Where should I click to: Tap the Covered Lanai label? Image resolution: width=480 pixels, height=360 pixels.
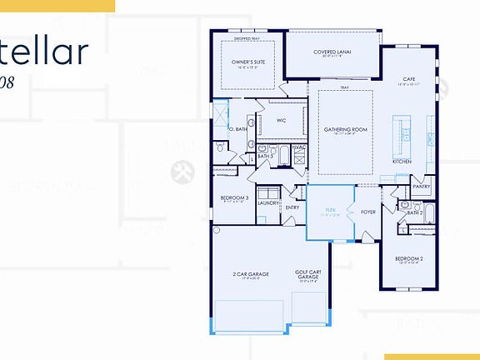coord(332,52)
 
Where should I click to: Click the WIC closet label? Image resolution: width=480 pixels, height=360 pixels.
coord(281,120)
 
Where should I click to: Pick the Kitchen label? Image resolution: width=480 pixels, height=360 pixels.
coord(402,161)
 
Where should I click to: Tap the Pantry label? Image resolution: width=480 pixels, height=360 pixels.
coord(421,187)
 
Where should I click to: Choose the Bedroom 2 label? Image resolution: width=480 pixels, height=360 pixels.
coord(409,259)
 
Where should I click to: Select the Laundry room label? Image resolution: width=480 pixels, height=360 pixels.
coord(268,202)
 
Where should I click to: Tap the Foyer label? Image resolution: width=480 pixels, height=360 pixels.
coord(367,212)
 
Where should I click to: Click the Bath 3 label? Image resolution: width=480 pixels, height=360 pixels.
coord(266,156)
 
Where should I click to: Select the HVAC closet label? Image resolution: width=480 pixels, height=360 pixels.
coord(298,147)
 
